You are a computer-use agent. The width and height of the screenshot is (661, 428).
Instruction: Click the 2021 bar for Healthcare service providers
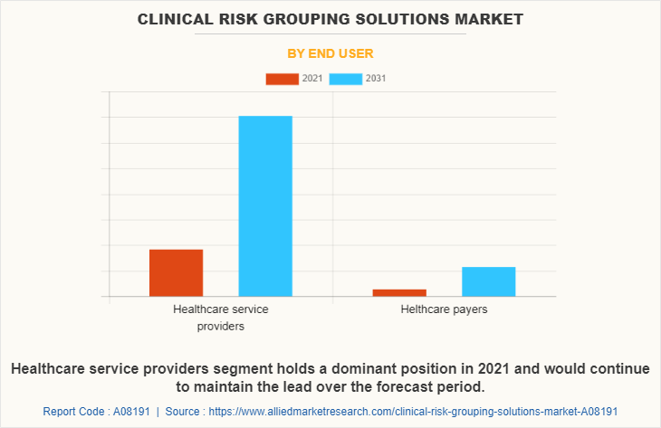176,272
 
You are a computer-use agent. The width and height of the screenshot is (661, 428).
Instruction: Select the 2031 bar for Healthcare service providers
265,205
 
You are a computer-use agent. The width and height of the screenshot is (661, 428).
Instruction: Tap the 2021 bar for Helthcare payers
399,292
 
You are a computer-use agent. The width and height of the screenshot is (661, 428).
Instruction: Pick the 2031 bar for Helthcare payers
488,281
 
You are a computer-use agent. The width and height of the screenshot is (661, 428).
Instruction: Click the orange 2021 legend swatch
282,79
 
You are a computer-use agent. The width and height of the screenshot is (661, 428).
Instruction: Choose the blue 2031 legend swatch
346,79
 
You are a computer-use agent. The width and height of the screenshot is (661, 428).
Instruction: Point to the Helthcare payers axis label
444,309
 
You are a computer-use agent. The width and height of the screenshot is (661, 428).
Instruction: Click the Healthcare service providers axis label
220,317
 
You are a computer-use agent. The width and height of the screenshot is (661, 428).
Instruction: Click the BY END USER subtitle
330,53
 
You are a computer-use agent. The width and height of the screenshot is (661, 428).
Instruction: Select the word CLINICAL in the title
177,18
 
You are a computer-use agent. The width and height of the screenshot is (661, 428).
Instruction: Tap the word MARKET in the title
489,18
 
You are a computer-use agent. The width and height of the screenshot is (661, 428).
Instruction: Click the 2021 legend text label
312,79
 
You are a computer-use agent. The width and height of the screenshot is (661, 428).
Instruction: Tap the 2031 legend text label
376,79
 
